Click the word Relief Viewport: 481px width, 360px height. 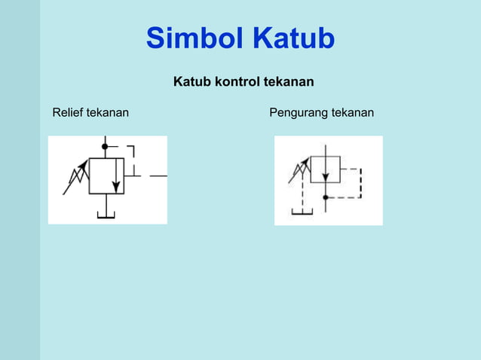[68, 113]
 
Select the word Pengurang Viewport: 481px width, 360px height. [296, 113]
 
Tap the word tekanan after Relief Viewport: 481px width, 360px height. [108, 113]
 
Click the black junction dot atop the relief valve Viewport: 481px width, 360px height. [105, 146]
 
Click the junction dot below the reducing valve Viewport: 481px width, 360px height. [326, 197]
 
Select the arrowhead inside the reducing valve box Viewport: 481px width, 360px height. [326, 178]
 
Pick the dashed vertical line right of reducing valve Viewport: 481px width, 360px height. [360, 182]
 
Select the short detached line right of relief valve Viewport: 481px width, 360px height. [158, 175]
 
